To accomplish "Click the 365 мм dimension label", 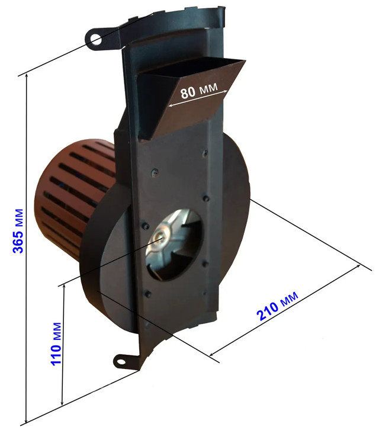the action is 18,231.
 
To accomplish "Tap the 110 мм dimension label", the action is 56,344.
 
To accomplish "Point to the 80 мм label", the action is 198,91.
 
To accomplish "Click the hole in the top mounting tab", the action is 96,40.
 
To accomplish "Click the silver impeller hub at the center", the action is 159,237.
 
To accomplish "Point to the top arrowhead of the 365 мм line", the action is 26,75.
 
